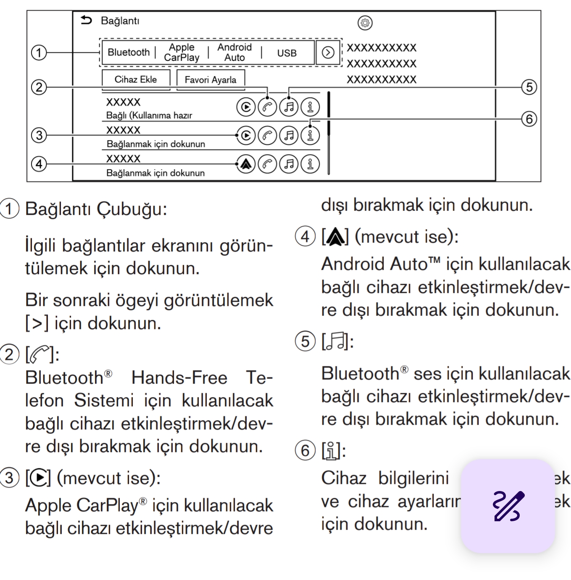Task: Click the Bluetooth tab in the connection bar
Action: (x=129, y=52)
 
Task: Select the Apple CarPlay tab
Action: (x=182, y=52)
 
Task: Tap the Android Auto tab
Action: (x=234, y=52)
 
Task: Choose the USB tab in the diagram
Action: (x=287, y=53)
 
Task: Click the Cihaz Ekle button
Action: (x=136, y=79)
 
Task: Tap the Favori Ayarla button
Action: (x=211, y=80)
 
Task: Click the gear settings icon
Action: (x=365, y=23)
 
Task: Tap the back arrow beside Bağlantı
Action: (x=86, y=20)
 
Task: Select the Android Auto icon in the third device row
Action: (x=246, y=164)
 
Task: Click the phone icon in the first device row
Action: (x=267, y=107)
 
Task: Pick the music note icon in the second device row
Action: (x=289, y=135)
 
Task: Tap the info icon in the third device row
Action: (x=310, y=164)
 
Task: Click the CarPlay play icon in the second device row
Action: (x=246, y=135)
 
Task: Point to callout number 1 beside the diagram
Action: (x=39, y=53)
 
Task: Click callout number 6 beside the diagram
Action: (x=529, y=119)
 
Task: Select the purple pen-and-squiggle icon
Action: (x=508, y=506)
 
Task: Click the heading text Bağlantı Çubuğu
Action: (x=96, y=209)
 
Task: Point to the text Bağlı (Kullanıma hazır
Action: (x=149, y=115)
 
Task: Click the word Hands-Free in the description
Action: (x=179, y=378)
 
